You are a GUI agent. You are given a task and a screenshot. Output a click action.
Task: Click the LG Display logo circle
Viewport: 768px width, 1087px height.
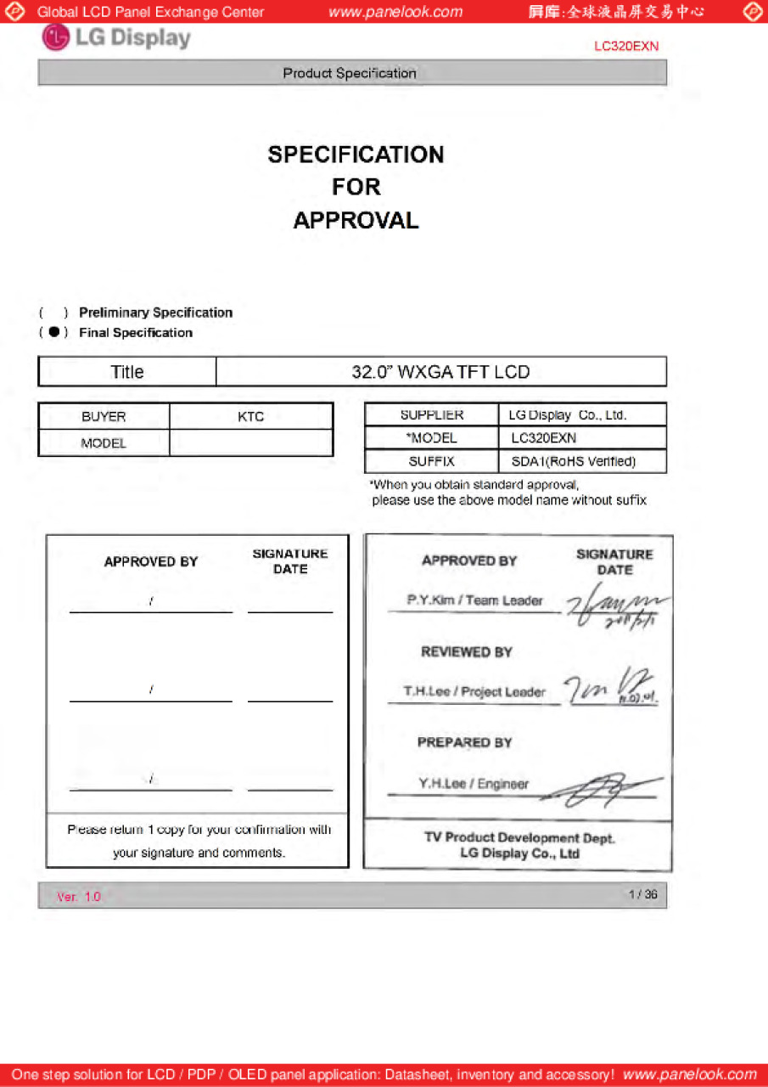(x=55, y=38)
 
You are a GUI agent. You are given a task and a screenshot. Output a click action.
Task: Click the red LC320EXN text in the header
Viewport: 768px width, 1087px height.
(x=626, y=47)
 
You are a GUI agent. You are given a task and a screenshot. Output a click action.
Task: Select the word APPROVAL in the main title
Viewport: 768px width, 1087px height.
(x=356, y=221)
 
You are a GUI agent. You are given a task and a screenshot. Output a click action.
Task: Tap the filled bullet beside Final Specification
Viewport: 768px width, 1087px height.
(x=53, y=332)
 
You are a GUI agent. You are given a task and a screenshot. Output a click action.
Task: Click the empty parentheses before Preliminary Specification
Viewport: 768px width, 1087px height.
(x=53, y=313)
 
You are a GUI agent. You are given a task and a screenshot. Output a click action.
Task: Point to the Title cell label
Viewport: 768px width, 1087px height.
(x=127, y=372)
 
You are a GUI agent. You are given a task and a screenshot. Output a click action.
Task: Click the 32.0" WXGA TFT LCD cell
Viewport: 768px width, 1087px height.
(x=440, y=372)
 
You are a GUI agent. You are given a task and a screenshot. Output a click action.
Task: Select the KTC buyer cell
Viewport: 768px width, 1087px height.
(x=251, y=416)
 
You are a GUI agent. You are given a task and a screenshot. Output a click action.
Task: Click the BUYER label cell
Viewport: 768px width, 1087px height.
(x=104, y=416)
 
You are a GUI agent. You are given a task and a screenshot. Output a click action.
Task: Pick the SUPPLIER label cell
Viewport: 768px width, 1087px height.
(x=432, y=415)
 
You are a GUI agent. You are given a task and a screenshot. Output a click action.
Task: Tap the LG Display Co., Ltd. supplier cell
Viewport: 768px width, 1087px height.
(x=567, y=415)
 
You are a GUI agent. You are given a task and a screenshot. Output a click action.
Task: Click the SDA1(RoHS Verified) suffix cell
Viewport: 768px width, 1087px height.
(x=573, y=462)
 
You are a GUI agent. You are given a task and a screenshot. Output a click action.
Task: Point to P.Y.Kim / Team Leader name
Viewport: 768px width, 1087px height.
(x=474, y=600)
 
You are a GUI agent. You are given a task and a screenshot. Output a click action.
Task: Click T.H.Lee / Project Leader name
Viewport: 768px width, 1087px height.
(x=474, y=692)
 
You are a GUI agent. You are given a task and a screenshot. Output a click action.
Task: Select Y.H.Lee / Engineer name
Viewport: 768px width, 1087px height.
(x=473, y=784)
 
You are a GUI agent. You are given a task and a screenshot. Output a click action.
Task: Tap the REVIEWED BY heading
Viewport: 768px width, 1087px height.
(x=467, y=652)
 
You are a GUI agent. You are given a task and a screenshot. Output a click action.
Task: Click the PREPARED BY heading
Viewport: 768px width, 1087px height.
(x=464, y=742)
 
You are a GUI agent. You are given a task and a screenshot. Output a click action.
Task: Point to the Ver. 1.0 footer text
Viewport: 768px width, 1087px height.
(x=79, y=897)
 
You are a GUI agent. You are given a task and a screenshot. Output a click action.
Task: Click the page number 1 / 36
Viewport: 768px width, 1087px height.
(x=642, y=894)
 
